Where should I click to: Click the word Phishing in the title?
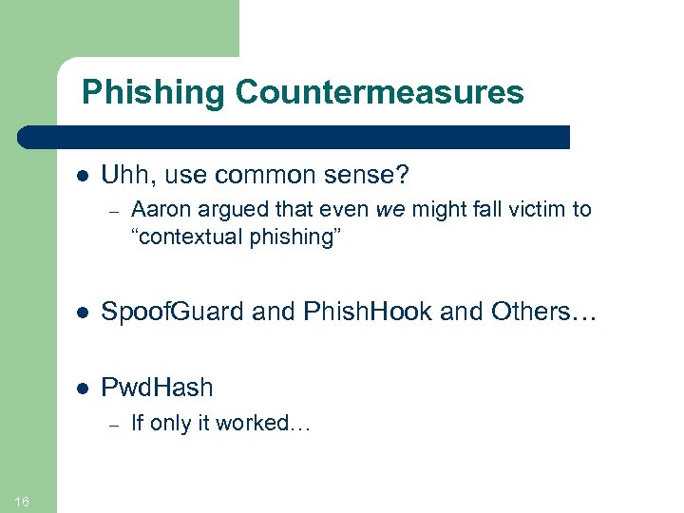153,93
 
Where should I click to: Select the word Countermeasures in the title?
379,92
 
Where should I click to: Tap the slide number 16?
23,502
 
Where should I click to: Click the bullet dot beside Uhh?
83,177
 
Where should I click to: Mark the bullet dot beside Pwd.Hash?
83,389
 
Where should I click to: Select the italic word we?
389,209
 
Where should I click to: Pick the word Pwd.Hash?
157,388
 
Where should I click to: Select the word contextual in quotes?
189,236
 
